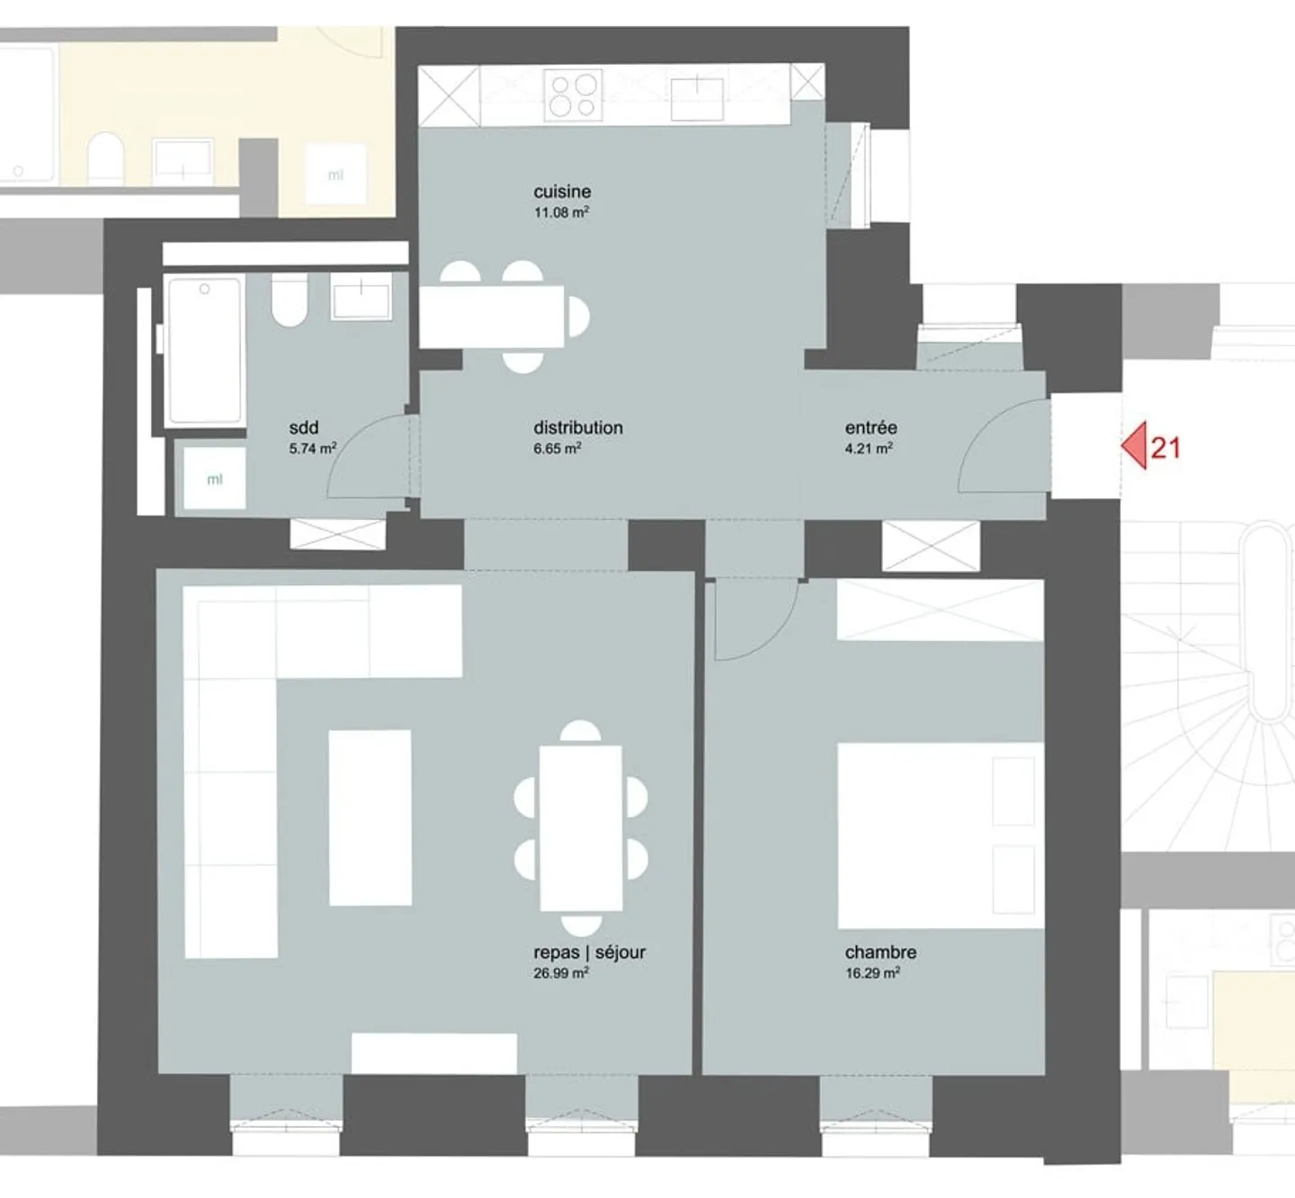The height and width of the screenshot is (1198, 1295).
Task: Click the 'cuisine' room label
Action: click(562, 192)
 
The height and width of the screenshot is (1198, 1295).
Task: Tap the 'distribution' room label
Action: click(577, 428)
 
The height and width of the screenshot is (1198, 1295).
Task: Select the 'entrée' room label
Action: click(871, 428)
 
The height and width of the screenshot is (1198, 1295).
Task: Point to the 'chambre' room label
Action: click(880, 952)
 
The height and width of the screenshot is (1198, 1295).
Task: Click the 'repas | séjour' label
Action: click(589, 952)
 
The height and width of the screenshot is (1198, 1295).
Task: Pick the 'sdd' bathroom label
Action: click(304, 428)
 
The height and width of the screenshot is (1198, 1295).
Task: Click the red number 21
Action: click(1165, 448)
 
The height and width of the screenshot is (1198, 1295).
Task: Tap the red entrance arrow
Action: click(1134, 446)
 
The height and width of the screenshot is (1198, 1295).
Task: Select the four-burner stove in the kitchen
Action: click(574, 95)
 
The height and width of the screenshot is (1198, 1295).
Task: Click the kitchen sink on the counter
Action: click(697, 98)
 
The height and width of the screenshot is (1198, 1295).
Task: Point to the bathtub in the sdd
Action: click(205, 350)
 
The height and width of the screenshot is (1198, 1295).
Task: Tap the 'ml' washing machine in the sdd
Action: click(214, 479)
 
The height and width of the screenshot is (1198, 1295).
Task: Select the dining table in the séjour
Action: click(581, 828)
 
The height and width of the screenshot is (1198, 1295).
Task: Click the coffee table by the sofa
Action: click(370, 818)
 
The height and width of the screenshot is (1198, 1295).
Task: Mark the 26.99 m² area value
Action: click(560, 973)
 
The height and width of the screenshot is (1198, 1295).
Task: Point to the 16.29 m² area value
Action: click(871, 973)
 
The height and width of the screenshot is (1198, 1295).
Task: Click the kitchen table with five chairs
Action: click(492, 316)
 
